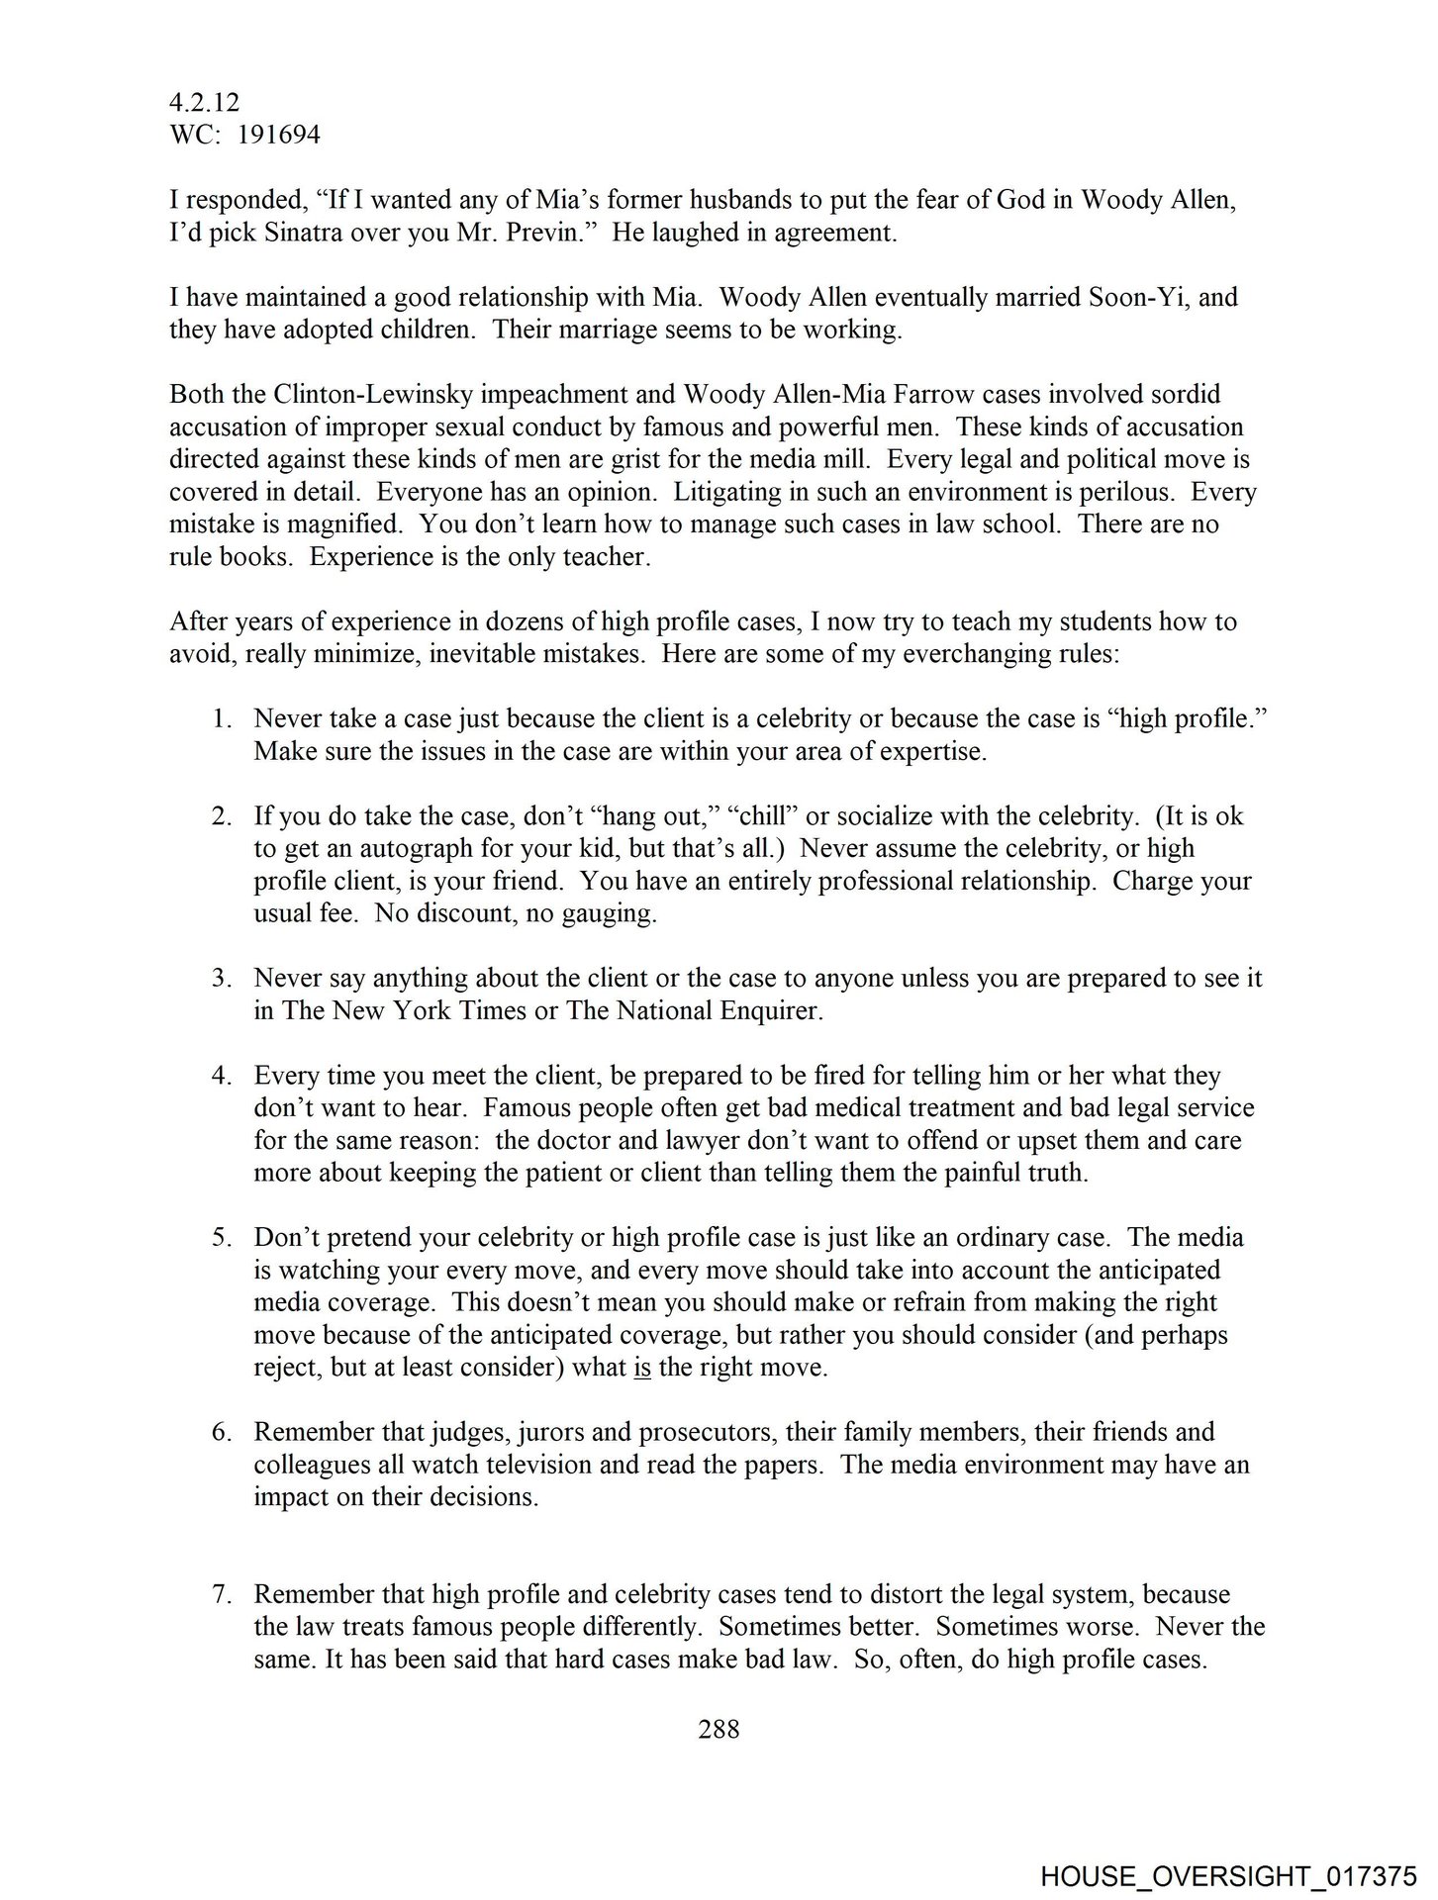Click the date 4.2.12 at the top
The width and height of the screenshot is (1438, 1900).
(x=204, y=102)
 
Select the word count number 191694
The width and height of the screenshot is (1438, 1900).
(x=278, y=135)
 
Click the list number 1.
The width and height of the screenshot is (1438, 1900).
(x=220, y=719)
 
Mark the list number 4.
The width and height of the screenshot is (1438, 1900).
(x=220, y=1076)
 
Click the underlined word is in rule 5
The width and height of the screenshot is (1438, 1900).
(x=641, y=1369)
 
